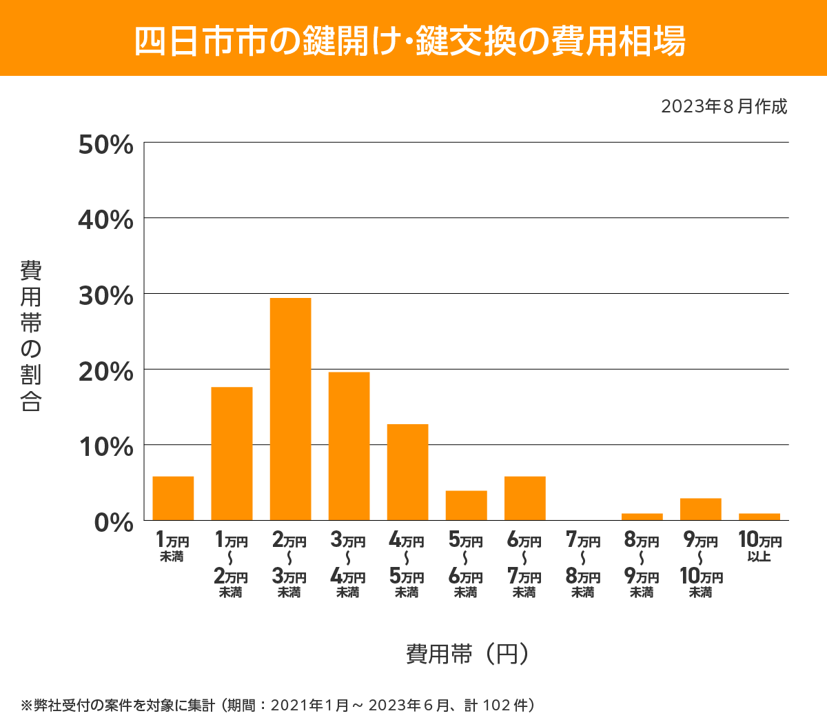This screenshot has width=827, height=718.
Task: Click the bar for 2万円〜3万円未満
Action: point(290,409)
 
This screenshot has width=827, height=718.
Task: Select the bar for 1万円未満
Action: point(173,498)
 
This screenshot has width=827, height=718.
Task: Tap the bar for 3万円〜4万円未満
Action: point(349,446)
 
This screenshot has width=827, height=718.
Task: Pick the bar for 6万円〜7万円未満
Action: point(524,498)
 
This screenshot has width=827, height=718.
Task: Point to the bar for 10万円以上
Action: point(759,517)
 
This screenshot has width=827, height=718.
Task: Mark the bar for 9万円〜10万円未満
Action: point(700,509)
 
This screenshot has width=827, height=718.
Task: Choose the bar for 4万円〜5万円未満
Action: point(407,472)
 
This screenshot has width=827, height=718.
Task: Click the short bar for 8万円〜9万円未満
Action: point(642,517)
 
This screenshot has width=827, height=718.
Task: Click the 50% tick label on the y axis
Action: point(105,145)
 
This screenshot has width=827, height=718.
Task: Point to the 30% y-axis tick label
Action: point(105,296)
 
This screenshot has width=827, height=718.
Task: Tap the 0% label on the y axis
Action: point(113,522)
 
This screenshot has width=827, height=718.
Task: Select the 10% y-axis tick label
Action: point(105,447)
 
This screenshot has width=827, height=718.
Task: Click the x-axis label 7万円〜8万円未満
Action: point(583,566)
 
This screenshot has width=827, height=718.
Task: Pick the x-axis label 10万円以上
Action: point(759,546)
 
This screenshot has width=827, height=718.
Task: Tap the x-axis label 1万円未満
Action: point(172,546)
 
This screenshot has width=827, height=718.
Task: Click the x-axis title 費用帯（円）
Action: point(468,653)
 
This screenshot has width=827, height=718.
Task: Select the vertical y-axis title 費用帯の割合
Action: point(31,336)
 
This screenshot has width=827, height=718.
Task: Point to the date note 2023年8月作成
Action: point(724,107)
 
